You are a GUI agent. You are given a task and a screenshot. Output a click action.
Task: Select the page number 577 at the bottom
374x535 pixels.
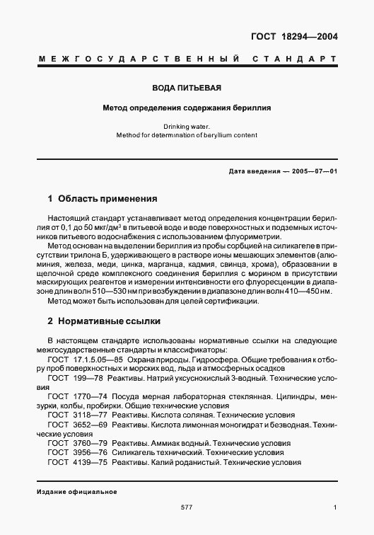tap(187, 507)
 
